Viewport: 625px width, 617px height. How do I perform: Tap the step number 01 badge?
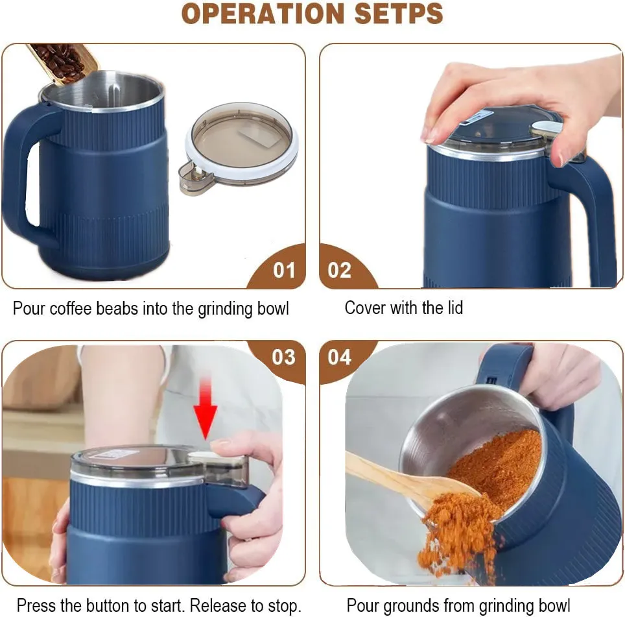tap(283, 270)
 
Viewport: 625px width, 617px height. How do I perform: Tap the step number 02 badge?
tap(339, 270)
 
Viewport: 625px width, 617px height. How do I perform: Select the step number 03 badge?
tap(283, 357)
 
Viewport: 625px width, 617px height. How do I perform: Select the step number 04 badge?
tap(339, 357)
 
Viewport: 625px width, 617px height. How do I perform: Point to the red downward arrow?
tap(206, 409)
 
